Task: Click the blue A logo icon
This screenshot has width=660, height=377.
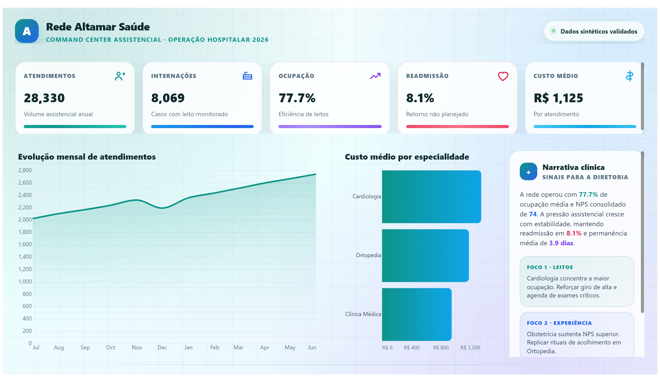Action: (27, 31)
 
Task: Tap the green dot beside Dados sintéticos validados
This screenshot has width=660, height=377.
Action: (553, 31)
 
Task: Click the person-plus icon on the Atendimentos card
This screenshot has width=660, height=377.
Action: (120, 76)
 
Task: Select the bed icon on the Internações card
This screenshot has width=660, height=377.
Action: (247, 76)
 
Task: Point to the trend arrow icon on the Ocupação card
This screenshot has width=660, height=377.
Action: (375, 76)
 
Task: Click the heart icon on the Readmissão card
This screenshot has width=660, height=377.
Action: (503, 76)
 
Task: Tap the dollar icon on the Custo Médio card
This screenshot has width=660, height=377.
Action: (630, 76)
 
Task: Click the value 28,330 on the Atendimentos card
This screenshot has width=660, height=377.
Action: (44, 98)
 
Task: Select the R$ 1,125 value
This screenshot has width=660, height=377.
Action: (558, 98)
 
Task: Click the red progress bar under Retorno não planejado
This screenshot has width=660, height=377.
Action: (457, 127)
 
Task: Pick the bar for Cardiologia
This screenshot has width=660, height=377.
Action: (431, 197)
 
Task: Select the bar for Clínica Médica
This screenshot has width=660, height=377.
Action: (417, 314)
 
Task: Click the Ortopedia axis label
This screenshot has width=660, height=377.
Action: (368, 255)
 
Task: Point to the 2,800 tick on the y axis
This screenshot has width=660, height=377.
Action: (25, 170)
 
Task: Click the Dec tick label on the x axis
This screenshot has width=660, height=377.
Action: (162, 348)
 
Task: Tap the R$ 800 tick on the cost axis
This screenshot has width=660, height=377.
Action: (441, 348)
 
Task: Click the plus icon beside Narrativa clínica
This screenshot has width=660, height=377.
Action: (528, 171)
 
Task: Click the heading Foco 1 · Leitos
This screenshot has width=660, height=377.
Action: (550, 267)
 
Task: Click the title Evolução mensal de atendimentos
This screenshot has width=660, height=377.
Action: (87, 157)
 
